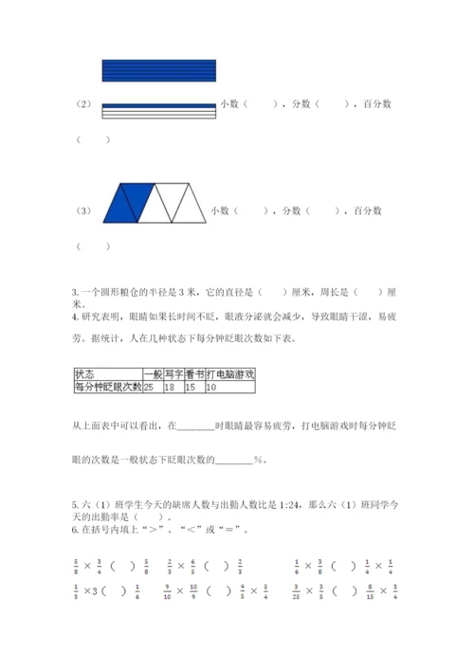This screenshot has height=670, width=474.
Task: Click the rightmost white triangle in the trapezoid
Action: click(x=189, y=202)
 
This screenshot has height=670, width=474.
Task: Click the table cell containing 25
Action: click(x=152, y=387)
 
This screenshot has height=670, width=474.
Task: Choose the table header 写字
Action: click(x=173, y=374)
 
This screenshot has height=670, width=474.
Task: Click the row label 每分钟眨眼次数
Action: click(x=107, y=387)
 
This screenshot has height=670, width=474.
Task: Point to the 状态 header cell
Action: click(x=85, y=374)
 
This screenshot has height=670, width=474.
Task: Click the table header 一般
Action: click(x=152, y=374)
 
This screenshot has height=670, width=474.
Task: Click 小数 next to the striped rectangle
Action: click(x=229, y=104)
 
